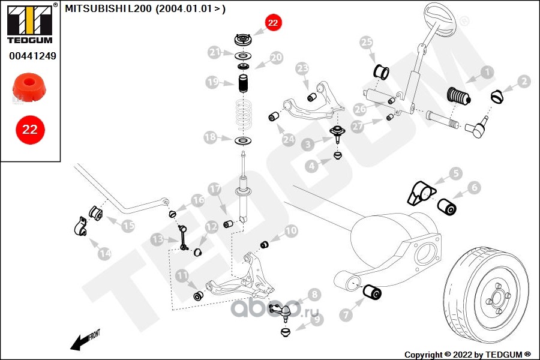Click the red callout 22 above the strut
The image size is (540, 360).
tap(273, 22)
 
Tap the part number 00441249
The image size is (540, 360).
tap(33, 56)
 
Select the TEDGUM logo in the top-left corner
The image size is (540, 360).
tap(31, 23)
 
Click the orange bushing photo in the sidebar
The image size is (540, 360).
tap(29, 87)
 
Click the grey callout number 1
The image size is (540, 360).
tap(487, 73)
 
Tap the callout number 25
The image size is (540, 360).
tap(366, 43)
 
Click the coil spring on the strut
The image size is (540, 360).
tap(244, 115)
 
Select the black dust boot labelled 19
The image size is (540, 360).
tap(244, 84)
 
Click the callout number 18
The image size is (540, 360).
tap(211, 137)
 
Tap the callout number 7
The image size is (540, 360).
tap(346, 314)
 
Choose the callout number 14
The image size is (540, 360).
tap(104, 254)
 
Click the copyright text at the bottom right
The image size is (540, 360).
tap(467, 355)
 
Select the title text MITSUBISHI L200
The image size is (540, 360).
tap(108, 8)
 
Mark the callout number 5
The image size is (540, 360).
tap(456, 173)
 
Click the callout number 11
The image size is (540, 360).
tap(182, 275)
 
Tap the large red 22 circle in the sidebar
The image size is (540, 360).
tap(30, 130)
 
